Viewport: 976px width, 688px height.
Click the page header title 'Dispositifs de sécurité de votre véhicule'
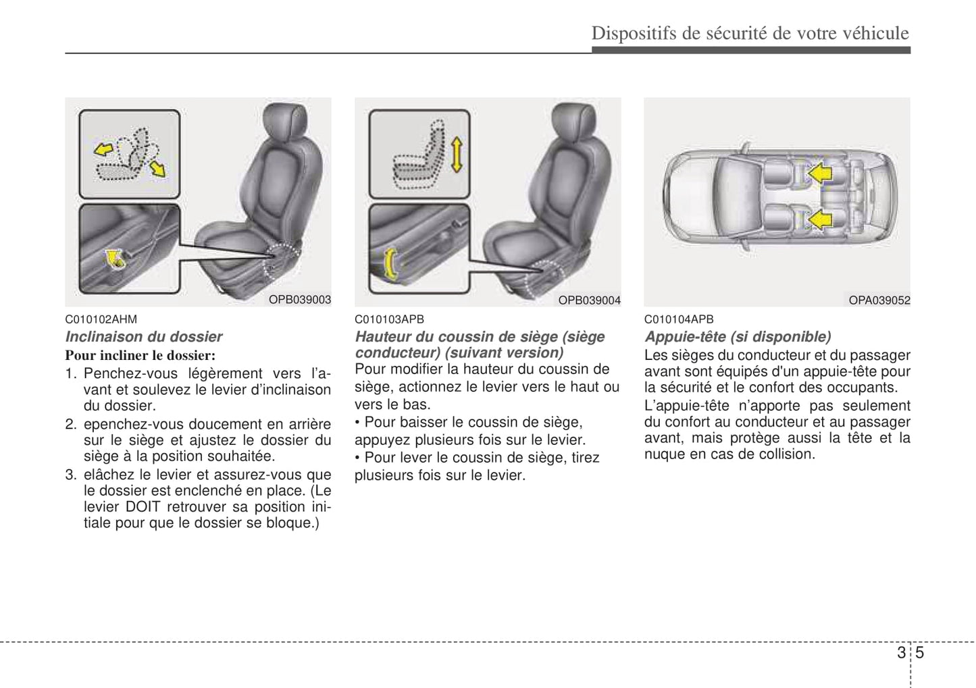point(750,33)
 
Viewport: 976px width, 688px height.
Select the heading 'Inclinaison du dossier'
point(143,336)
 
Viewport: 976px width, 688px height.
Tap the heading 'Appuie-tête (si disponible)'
point(738,336)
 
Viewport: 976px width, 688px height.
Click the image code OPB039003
point(300,300)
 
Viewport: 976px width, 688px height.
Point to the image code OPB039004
point(589,300)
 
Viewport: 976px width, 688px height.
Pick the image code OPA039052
point(879,300)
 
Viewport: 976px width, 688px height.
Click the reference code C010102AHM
point(101,319)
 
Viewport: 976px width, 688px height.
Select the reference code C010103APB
point(389,319)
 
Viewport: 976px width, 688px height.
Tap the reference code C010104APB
point(678,319)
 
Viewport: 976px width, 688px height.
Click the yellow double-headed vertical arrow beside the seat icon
point(456,154)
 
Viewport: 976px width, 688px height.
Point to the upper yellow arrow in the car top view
point(819,173)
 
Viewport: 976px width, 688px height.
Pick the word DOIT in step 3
point(143,506)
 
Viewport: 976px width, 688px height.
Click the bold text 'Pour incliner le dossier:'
point(140,355)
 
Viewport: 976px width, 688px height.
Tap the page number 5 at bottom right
point(919,653)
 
